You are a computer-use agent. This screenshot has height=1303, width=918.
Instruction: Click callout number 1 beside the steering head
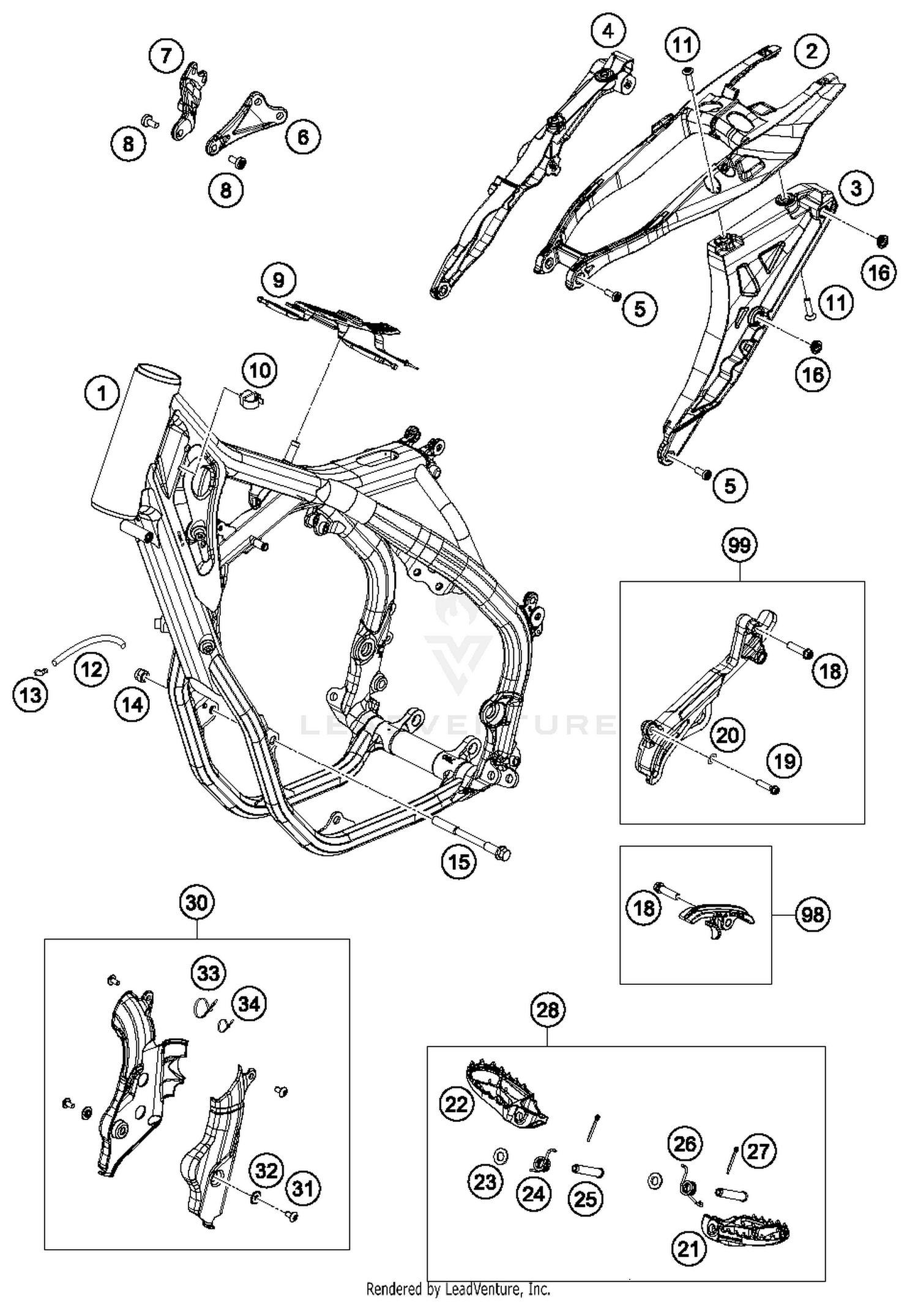[x=102, y=393]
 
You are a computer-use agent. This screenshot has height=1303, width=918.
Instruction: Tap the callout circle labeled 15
[x=459, y=862]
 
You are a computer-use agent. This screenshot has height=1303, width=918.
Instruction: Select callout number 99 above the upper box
[x=739, y=544]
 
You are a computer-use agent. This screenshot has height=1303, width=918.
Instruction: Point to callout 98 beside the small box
[x=813, y=915]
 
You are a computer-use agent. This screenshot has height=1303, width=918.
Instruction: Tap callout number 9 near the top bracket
[x=278, y=280]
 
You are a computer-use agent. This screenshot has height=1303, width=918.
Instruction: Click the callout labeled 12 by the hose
[x=91, y=669]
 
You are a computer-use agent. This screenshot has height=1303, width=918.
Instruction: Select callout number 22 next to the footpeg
[x=457, y=1104]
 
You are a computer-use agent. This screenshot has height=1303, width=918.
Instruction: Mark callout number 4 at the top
[x=608, y=31]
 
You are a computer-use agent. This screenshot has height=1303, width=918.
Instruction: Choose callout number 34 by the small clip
[x=248, y=1004]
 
